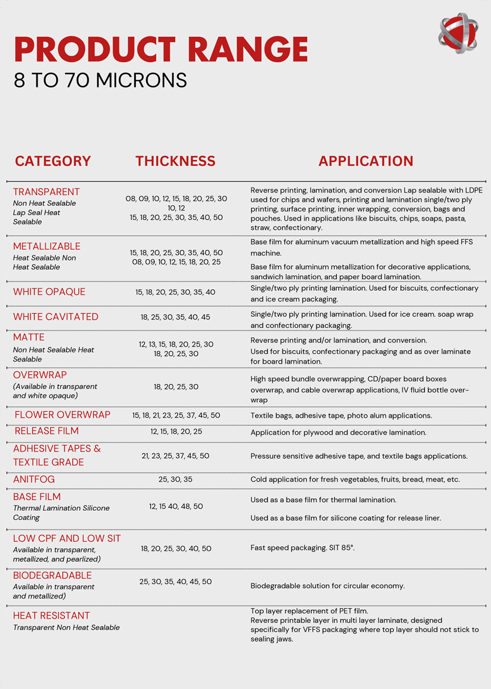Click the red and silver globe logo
tap(458, 33)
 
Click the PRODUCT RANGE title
tap(161, 49)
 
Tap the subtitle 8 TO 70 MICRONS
tap(100, 80)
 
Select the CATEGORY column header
tap(53, 161)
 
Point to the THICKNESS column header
tap(175, 161)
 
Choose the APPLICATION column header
tap(366, 161)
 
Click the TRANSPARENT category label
tap(46, 192)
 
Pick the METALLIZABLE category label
tap(47, 246)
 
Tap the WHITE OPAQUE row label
tap(49, 292)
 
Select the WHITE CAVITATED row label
tap(56, 317)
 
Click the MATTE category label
tap(29, 337)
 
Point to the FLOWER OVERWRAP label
tap(62, 415)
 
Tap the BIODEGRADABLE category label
tap(52, 575)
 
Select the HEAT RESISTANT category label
tap(52, 616)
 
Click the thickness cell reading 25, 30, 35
tap(175, 480)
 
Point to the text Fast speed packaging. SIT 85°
tap(302, 548)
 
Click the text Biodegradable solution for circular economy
tap(328, 586)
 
